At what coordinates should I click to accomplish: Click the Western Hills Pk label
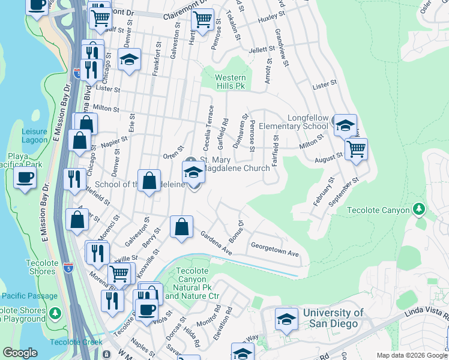(231, 82)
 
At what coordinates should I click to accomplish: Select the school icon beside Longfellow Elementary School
(345, 125)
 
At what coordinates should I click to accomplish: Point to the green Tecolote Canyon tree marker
(419, 209)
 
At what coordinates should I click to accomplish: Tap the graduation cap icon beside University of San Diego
(287, 319)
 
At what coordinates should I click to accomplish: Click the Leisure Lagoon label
(34, 136)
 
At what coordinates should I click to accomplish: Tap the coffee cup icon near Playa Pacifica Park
(25, 178)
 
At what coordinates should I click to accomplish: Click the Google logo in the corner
(20, 353)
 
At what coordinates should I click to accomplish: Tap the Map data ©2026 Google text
(412, 355)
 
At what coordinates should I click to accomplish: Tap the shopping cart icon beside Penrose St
(203, 19)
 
